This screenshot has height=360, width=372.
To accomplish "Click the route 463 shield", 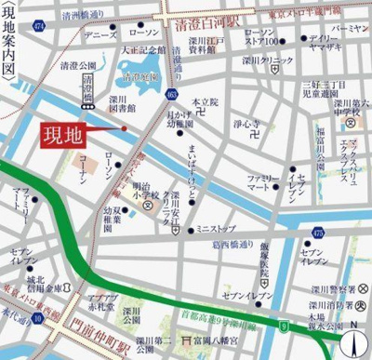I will [171, 93].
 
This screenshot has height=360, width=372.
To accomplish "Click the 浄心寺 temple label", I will [246, 122].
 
